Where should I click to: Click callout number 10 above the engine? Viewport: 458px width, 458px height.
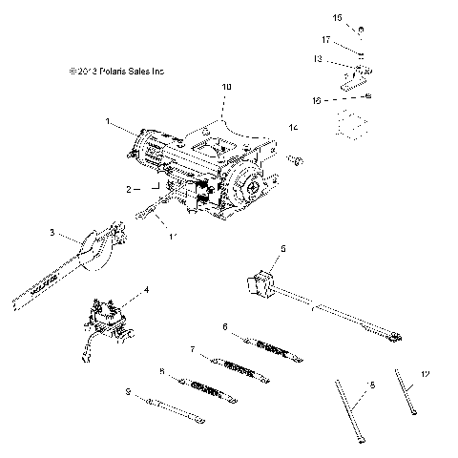tap(226, 87)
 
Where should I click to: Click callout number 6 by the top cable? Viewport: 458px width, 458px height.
tap(224, 326)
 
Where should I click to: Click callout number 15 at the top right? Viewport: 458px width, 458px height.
tap(337, 17)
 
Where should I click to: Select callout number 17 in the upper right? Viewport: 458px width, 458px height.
tap(326, 40)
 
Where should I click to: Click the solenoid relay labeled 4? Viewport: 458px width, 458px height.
tap(107, 314)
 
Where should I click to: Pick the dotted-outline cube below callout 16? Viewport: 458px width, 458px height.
tap(353, 123)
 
